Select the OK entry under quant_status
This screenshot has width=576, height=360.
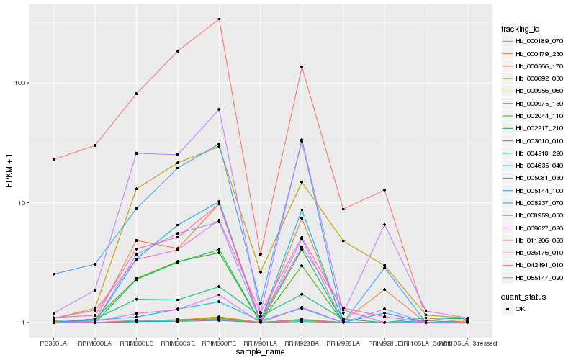click(521, 309)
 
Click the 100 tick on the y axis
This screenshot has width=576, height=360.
click(21, 83)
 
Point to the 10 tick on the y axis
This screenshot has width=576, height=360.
click(23, 202)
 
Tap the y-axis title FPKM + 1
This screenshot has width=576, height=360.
click(9, 171)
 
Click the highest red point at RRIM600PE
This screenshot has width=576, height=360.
click(219, 19)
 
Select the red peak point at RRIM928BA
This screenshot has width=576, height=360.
click(302, 67)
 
